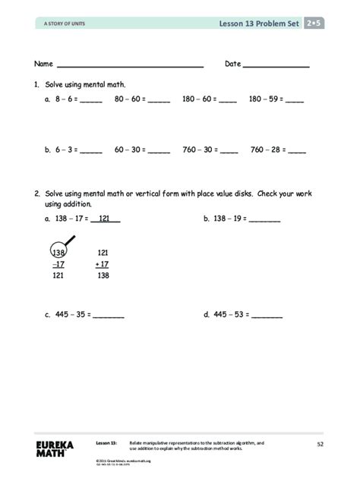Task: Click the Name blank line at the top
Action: click(130, 67)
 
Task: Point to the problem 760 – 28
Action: click(278, 150)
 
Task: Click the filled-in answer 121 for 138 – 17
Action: click(106, 219)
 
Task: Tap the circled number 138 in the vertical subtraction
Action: click(58, 253)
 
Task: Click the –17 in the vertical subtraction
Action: click(58, 264)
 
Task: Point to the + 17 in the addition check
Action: click(102, 264)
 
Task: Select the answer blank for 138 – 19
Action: click(265, 222)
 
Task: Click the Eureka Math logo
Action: click(55, 447)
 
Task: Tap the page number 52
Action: click(320, 443)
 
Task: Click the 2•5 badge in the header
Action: click(313, 24)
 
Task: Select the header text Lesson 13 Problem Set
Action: click(260, 24)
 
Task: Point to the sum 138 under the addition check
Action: click(103, 276)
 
